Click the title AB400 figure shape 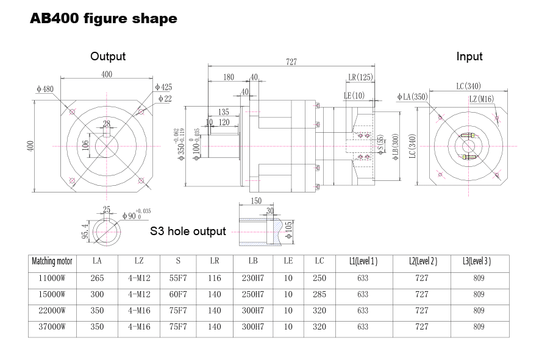(x=104, y=19)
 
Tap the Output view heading (x=108, y=56)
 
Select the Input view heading (x=469, y=56)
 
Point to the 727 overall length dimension (x=291, y=62)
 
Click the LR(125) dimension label (x=360, y=77)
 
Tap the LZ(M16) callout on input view (x=481, y=99)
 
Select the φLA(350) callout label (x=412, y=97)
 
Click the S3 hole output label (x=188, y=231)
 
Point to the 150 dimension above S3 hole (x=255, y=201)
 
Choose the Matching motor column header (x=52, y=261)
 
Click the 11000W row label (x=52, y=278)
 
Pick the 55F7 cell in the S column (x=178, y=278)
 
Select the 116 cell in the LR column (x=215, y=278)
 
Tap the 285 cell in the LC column (x=319, y=294)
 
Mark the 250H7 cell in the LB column (x=253, y=294)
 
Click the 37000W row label (x=52, y=327)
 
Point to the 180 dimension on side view (x=229, y=77)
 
